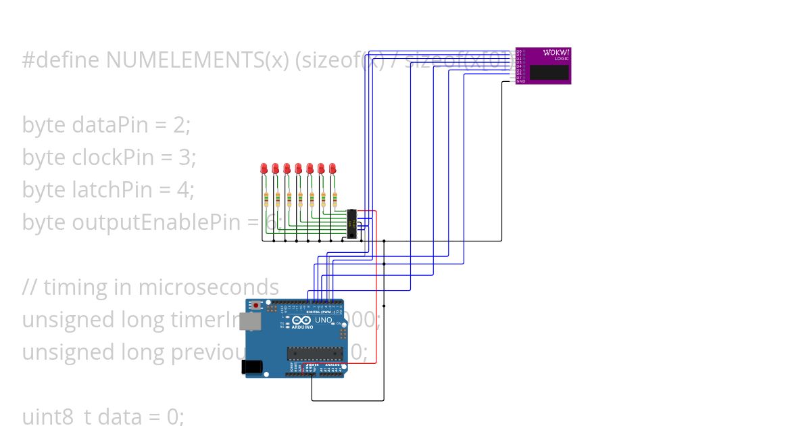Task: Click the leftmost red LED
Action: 264,168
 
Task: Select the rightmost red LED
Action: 333,168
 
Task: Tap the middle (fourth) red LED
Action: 298,168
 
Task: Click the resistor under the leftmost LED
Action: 266,199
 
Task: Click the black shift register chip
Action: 351,224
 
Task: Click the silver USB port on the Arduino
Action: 251,324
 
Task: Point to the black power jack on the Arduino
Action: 251,366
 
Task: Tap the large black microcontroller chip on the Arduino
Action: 314,352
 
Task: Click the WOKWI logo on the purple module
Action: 556,53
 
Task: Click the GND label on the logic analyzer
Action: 521,81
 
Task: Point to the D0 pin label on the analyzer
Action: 520,50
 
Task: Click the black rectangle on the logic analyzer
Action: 549,72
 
